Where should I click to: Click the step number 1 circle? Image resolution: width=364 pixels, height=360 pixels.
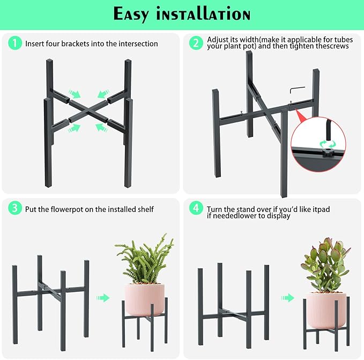[x=15, y=43]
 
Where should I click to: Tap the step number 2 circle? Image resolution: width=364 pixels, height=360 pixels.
[x=196, y=43]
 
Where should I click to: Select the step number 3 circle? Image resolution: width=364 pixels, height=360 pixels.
[x=15, y=208]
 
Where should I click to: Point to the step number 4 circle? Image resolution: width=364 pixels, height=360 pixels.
[x=196, y=208]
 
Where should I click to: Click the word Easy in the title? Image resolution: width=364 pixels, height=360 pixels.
[x=131, y=14]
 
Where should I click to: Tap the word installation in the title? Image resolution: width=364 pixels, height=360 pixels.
[x=203, y=14]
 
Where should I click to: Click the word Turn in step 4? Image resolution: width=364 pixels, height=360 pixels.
[x=215, y=209]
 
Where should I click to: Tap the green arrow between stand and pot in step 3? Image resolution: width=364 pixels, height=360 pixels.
[x=103, y=298]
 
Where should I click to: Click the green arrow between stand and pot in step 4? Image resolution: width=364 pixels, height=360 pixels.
[x=287, y=298]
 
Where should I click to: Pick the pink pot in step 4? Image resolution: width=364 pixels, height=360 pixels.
[x=327, y=310]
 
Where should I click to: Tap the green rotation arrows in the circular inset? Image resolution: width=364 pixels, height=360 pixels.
[x=328, y=144]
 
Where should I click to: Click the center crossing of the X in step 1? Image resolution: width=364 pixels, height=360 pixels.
[x=88, y=110]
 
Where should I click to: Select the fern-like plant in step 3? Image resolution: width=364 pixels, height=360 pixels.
[x=144, y=260]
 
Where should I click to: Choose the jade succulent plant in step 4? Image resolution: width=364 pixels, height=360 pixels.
[x=326, y=265]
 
